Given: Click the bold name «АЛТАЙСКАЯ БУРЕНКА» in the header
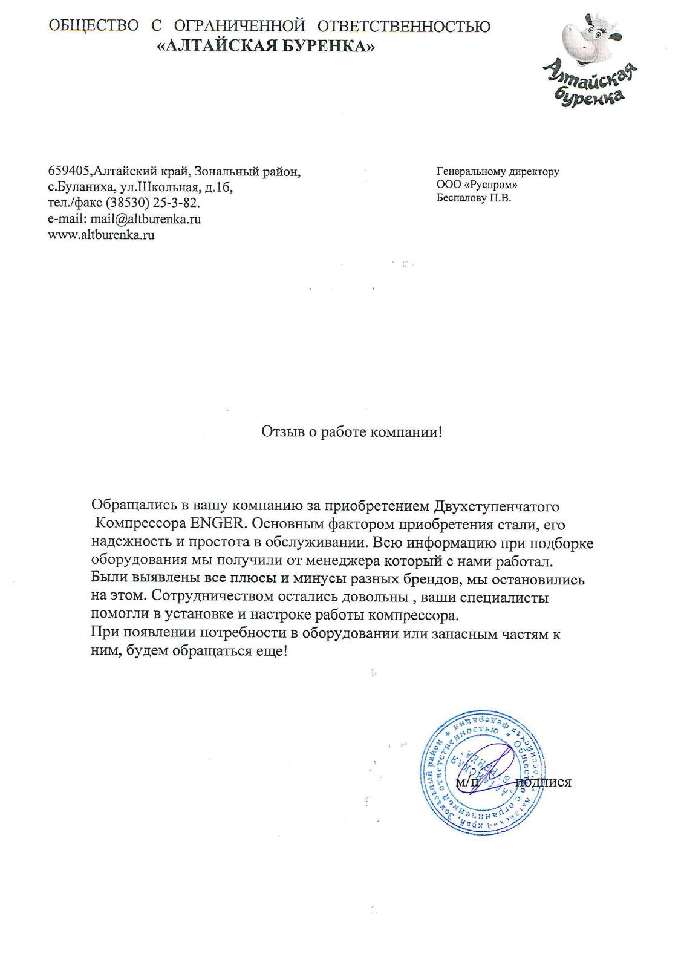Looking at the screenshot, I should (x=266, y=46).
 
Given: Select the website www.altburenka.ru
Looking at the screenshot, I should (x=101, y=235).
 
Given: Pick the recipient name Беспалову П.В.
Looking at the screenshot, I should (x=474, y=198).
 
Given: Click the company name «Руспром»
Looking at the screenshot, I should (x=489, y=185).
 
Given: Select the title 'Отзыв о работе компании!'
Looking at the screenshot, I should (x=351, y=432).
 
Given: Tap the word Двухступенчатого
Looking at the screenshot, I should (x=497, y=506).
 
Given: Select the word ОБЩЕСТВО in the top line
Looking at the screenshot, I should (x=93, y=26).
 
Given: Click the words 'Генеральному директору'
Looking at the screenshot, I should (x=497, y=171).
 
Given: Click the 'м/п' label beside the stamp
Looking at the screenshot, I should (x=467, y=782).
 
